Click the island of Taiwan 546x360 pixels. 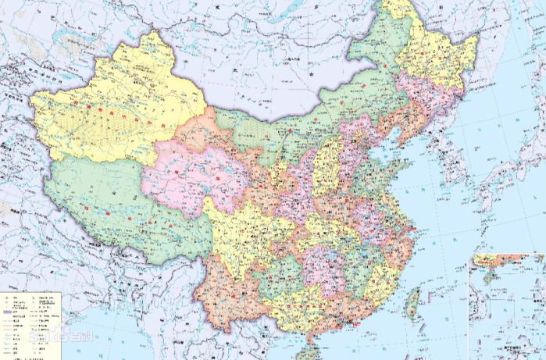click(x=413, y=301)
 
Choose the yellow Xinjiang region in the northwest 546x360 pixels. click(x=117, y=109)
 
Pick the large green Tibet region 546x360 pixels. click(x=102, y=195)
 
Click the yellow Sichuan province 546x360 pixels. click(x=234, y=226)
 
